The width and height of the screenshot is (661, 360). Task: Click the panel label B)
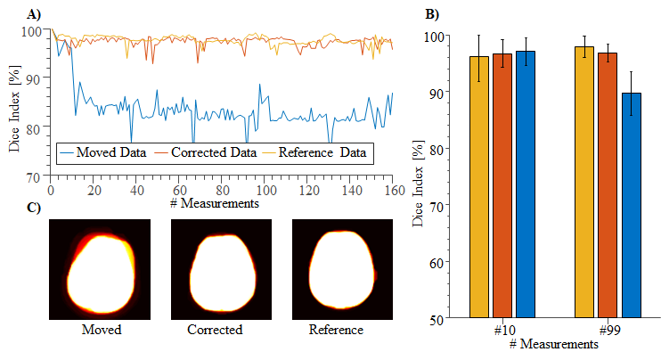pyautogui.click(x=430, y=14)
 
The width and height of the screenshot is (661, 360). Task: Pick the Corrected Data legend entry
pyautogui.click(x=206, y=153)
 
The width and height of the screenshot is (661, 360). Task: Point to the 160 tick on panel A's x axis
pyautogui.click(x=393, y=191)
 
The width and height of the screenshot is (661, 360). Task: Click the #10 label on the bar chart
pyautogui.click(x=502, y=330)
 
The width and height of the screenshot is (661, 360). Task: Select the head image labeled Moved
pyautogui.click(x=99, y=269)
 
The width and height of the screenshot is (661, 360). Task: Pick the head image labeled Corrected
pyautogui.click(x=220, y=269)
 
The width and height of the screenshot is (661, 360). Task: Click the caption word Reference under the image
pyautogui.click(x=336, y=330)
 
